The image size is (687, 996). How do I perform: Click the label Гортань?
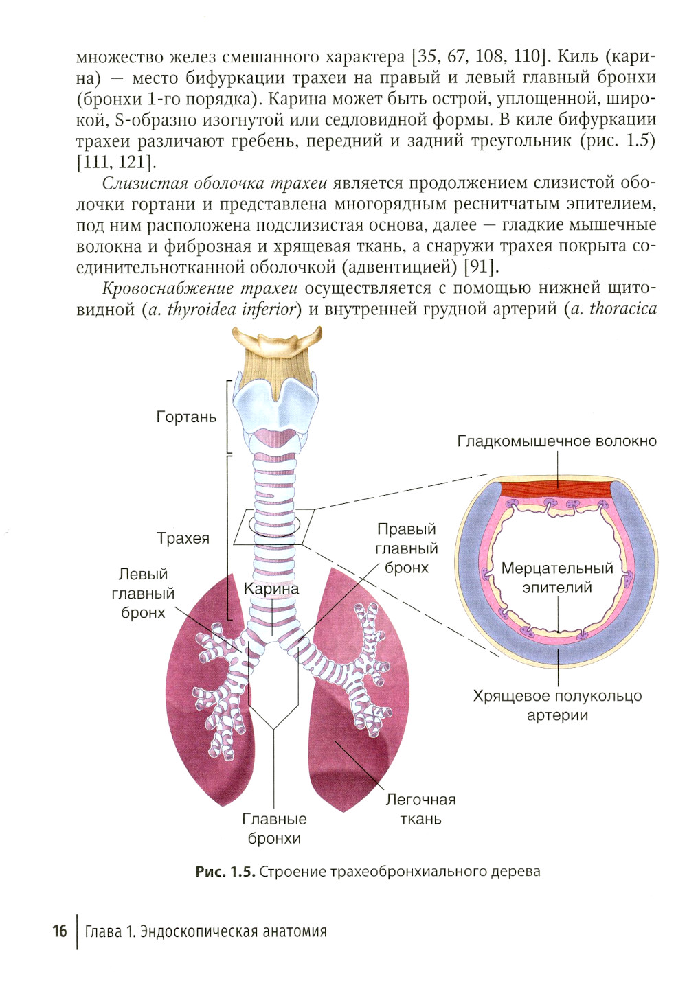[x=186, y=417]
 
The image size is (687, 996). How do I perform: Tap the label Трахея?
[x=183, y=538]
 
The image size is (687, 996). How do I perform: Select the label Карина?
[x=271, y=589]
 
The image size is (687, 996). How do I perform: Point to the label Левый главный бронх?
[x=143, y=594]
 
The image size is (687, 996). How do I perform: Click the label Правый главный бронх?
[x=407, y=548]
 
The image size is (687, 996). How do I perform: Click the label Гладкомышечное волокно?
[x=557, y=441]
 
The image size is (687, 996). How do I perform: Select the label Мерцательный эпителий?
[x=557, y=577]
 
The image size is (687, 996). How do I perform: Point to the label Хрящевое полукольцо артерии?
[x=557, y=705]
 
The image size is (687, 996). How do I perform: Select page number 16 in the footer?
[x=59, y=934]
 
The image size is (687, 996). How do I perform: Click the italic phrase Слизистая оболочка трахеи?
[x=214, y=183]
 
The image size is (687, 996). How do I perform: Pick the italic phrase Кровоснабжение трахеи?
[x=199, y=288]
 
